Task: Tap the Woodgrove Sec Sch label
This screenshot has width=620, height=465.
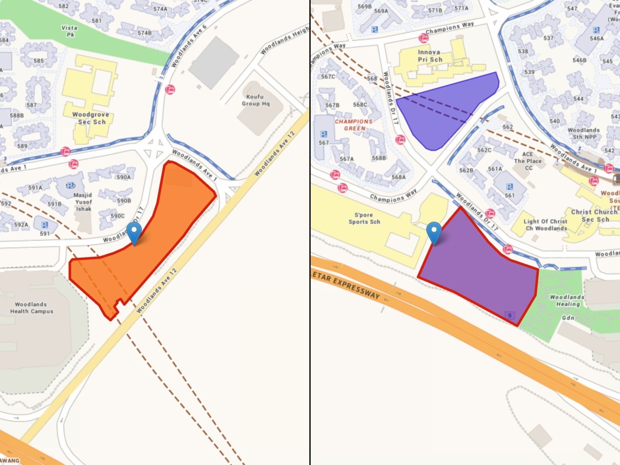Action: tap(91, 118)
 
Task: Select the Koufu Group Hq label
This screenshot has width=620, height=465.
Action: tap(255, 100)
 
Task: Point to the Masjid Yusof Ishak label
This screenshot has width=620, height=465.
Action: tap(84, 201)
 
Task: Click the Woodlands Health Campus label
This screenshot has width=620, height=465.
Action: tap(31, 308)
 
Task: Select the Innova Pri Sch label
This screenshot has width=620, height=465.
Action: tap(430, 55)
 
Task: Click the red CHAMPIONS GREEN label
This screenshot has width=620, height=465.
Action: tap(354, 125)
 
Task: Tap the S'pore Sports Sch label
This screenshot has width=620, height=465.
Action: tap(364, 218)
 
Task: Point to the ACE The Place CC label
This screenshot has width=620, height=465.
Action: tap(528, 161)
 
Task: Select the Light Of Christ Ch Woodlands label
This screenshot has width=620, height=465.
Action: tap(546, 224)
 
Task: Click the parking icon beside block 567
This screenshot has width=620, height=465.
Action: tap(324, 134)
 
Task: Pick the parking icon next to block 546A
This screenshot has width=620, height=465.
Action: tap(596, 30)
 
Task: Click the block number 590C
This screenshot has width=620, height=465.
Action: tap(118, 216)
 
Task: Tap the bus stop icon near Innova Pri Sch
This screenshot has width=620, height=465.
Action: tap(424, 38)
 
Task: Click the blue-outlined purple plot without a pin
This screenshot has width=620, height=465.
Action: tap(446, 112)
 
